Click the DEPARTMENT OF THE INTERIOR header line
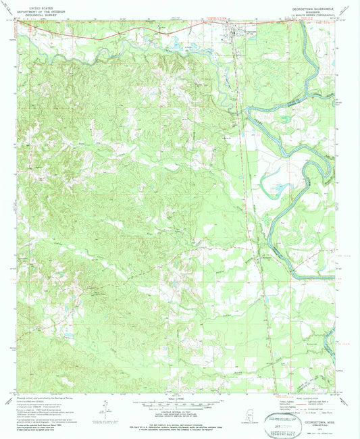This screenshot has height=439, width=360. (x=38, y=9)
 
